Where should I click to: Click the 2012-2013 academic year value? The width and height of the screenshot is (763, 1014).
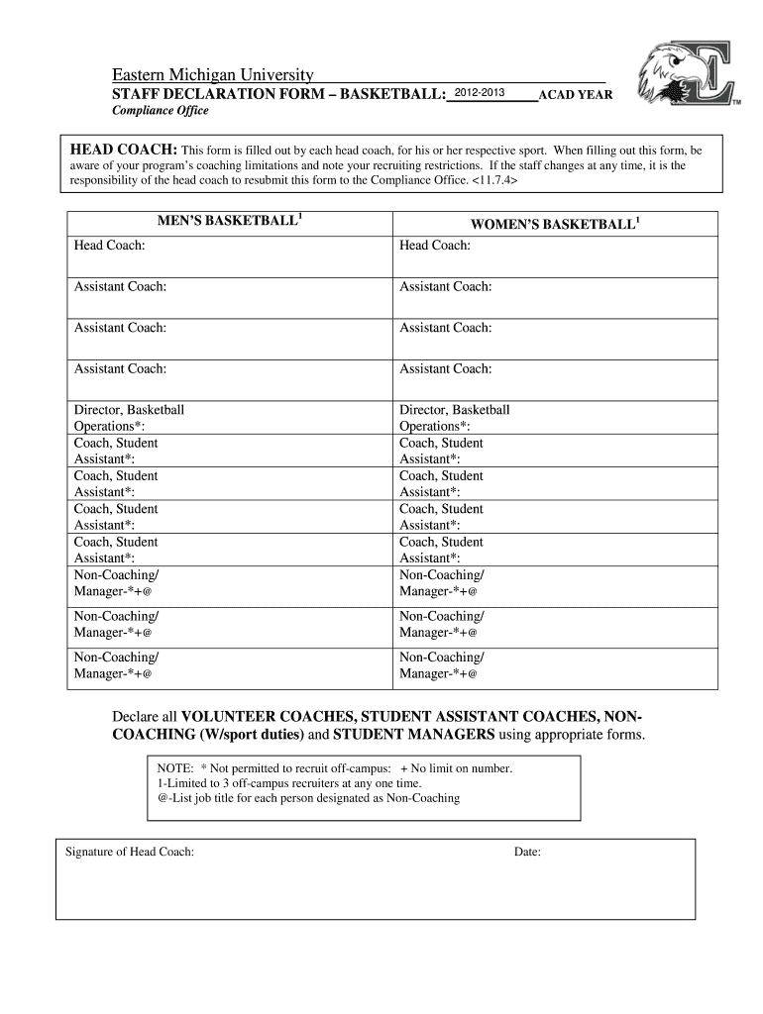tap(479, 93)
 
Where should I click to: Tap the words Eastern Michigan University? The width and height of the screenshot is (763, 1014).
tap(211, 76)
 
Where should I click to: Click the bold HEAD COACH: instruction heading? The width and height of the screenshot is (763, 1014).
tap(122, 150)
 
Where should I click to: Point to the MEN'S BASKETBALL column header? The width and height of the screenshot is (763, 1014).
tap(229, 220)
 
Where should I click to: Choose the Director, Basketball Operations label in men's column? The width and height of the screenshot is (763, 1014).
tap(129, 418)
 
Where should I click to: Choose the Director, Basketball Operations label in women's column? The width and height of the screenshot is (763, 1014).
tap(454, 418)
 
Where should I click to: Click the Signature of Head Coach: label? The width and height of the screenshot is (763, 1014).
tap(129, 852)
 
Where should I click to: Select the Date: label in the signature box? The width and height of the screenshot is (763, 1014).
tap(526, 852)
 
